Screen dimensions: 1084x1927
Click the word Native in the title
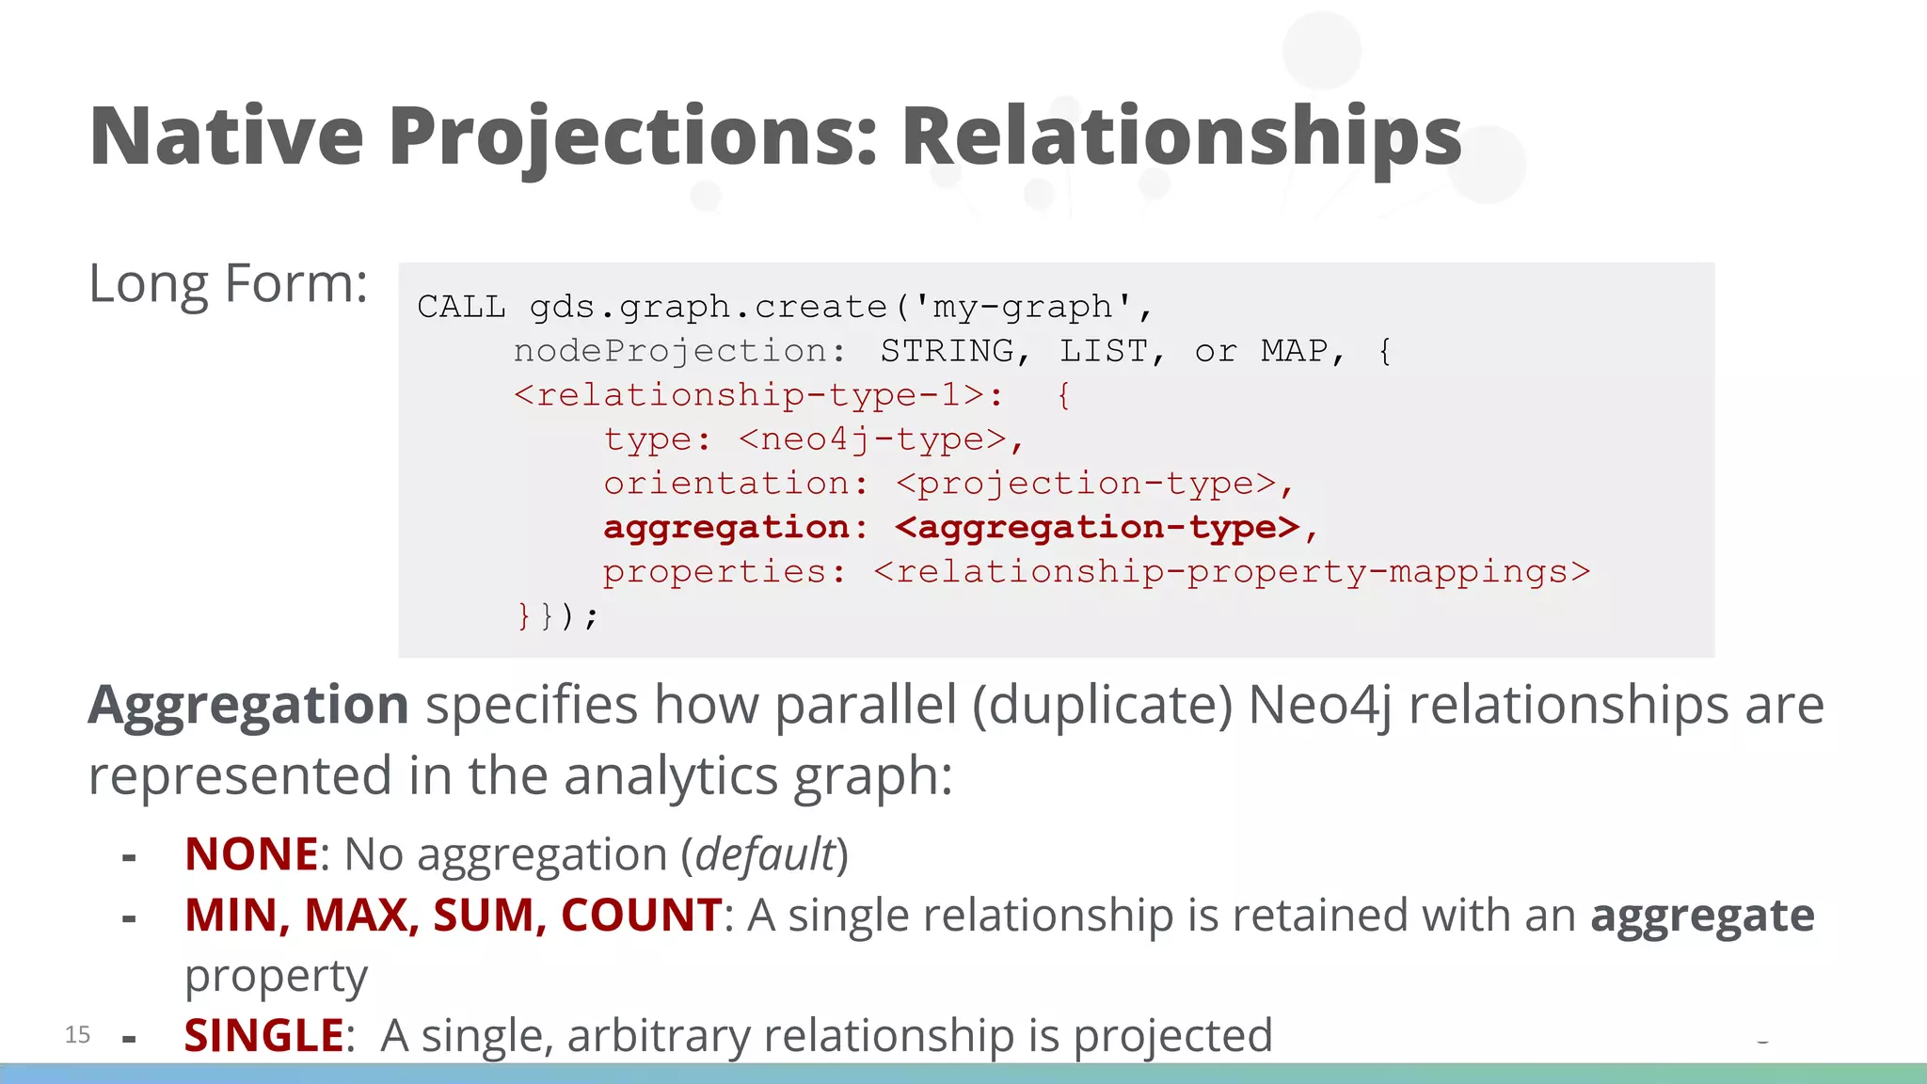click(226, 136)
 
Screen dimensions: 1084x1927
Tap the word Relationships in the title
click(1181, 136)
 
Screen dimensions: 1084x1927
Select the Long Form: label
click(228, 284)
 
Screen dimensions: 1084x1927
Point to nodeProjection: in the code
click(679, 351)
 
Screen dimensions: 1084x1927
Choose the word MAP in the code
click(1294, 351)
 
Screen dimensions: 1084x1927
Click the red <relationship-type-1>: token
click(758, 395)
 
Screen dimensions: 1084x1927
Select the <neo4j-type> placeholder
click(873, 439)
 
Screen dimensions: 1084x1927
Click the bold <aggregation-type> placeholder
click(1097, 528)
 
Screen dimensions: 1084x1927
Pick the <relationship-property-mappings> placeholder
click(1232, 572)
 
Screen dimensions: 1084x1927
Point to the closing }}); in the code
click(557, 616)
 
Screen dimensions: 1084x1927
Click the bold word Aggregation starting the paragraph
click(248, 706)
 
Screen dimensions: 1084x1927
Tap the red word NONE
click(251, 854)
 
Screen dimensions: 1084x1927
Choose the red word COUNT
click(641, 916)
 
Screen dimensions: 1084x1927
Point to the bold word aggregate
click(1702, 916)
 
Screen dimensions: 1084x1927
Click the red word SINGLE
click(264, 1036)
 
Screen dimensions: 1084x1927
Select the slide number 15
click(77, 1035)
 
